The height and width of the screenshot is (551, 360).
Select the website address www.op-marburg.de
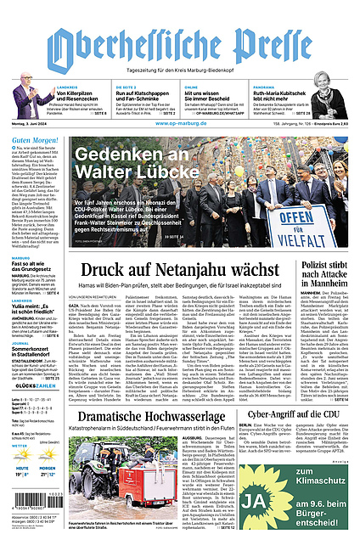pos(180,122)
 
